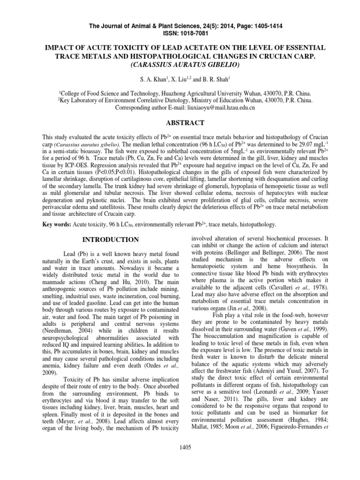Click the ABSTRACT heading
[180, 123]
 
